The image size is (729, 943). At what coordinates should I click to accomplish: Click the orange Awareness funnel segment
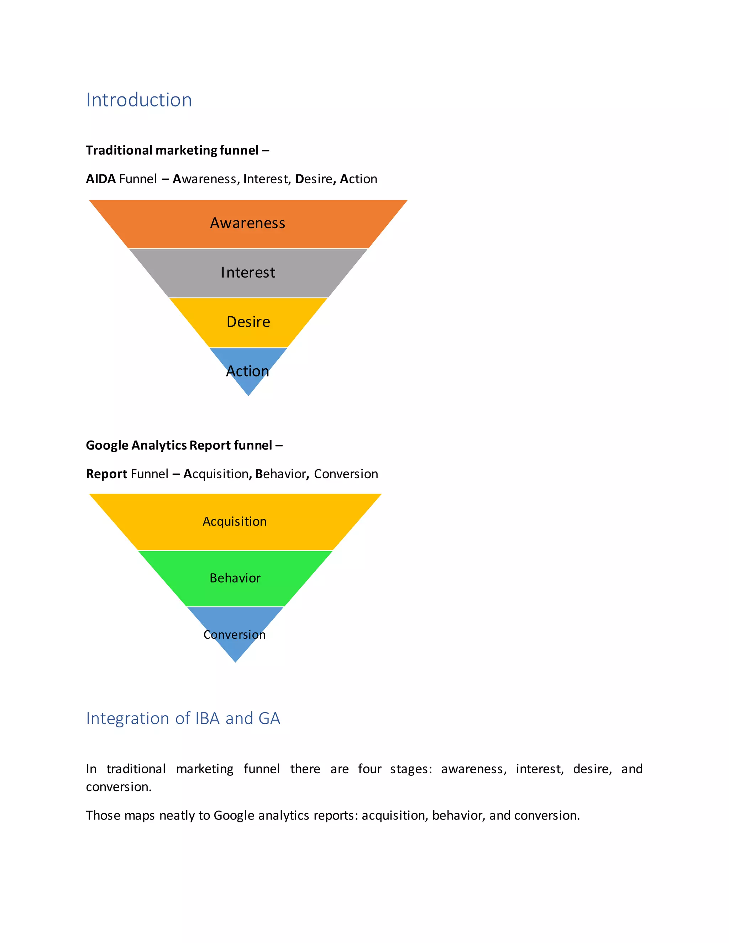(247, 223)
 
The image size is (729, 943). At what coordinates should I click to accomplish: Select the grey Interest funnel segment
(247, 273)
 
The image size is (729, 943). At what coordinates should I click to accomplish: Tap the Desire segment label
(248, 322)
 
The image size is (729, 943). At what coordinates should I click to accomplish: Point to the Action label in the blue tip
(247, 371)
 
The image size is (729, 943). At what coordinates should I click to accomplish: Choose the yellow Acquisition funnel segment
(235, 522)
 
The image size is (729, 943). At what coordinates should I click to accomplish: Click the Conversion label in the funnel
(235, 634)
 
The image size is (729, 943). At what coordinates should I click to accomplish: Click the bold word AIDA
(101, 179)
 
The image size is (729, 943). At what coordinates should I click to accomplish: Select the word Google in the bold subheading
(107, 445)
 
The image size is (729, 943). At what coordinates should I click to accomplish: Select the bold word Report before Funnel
(106, 474)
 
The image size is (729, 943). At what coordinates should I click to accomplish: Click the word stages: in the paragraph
(411, 769)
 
